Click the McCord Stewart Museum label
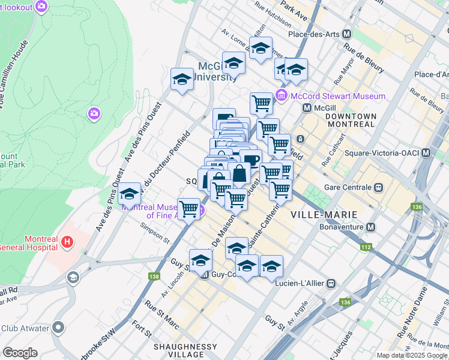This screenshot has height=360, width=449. click(337, 96)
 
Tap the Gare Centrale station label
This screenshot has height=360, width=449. click(353, 186)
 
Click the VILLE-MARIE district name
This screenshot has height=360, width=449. click(324, 214)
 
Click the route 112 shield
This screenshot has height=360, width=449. click(365, 247)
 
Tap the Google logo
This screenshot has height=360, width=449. click(20, 353)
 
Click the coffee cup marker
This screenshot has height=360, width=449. click(250, 160)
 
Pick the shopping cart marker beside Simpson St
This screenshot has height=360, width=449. click(189, 209)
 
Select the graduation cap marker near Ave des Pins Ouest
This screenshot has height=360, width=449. click(129, 194)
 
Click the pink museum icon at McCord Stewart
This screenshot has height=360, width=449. click(282, 95)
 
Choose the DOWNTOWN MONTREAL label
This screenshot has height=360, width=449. click(351, 120)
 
